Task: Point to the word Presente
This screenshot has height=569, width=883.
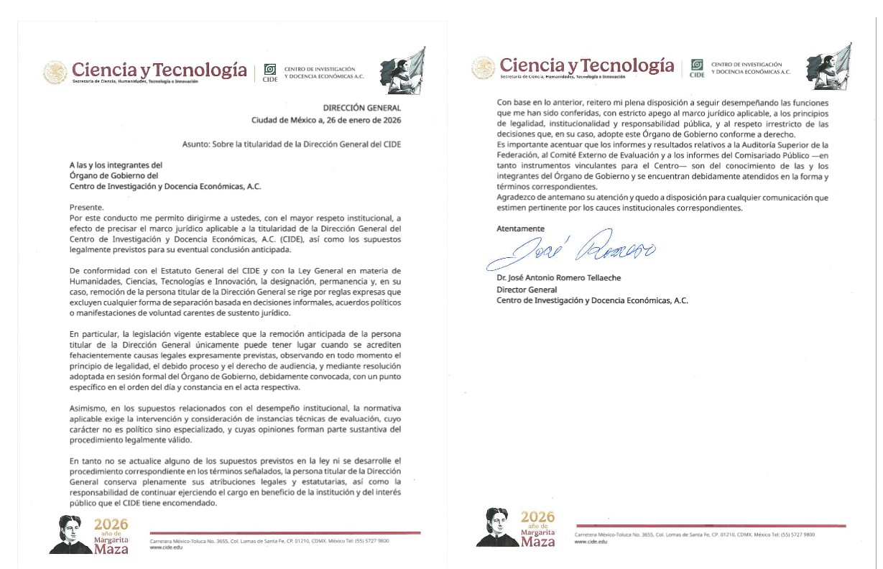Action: pos(85,206)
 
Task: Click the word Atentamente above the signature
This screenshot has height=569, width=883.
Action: pos(520,228)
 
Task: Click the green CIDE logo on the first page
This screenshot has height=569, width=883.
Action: pos(270,71)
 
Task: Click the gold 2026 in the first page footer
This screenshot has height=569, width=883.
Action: pos(111,524)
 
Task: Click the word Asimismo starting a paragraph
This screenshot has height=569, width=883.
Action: pos(87,408)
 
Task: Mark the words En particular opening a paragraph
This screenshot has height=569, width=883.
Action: pos(93,335)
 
